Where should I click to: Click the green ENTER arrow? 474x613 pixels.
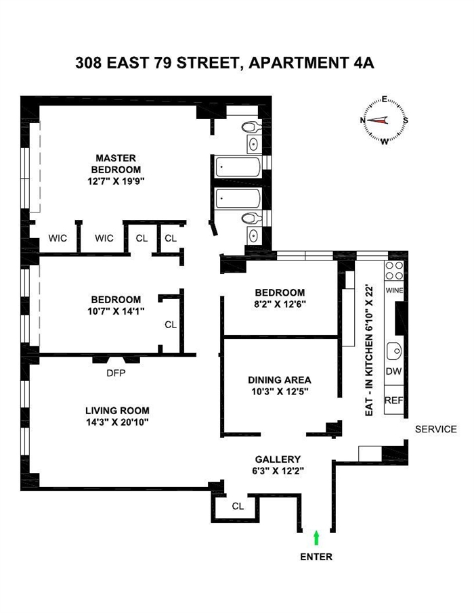316,538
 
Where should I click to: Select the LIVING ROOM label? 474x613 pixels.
117,410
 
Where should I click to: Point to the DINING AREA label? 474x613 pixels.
279,380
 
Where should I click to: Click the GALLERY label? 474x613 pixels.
278,459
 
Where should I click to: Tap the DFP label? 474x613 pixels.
115,371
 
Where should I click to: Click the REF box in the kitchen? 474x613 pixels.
393,400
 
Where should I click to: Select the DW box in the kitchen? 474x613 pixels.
393,371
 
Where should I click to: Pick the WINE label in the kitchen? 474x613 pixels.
394,290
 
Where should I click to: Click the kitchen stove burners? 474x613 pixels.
394,271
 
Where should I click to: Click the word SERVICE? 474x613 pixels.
435,429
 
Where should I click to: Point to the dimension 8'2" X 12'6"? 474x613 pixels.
279,304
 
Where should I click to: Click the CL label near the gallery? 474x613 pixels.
238,505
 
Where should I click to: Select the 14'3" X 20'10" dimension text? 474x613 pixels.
117,422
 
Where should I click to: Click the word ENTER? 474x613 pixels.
316,557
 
